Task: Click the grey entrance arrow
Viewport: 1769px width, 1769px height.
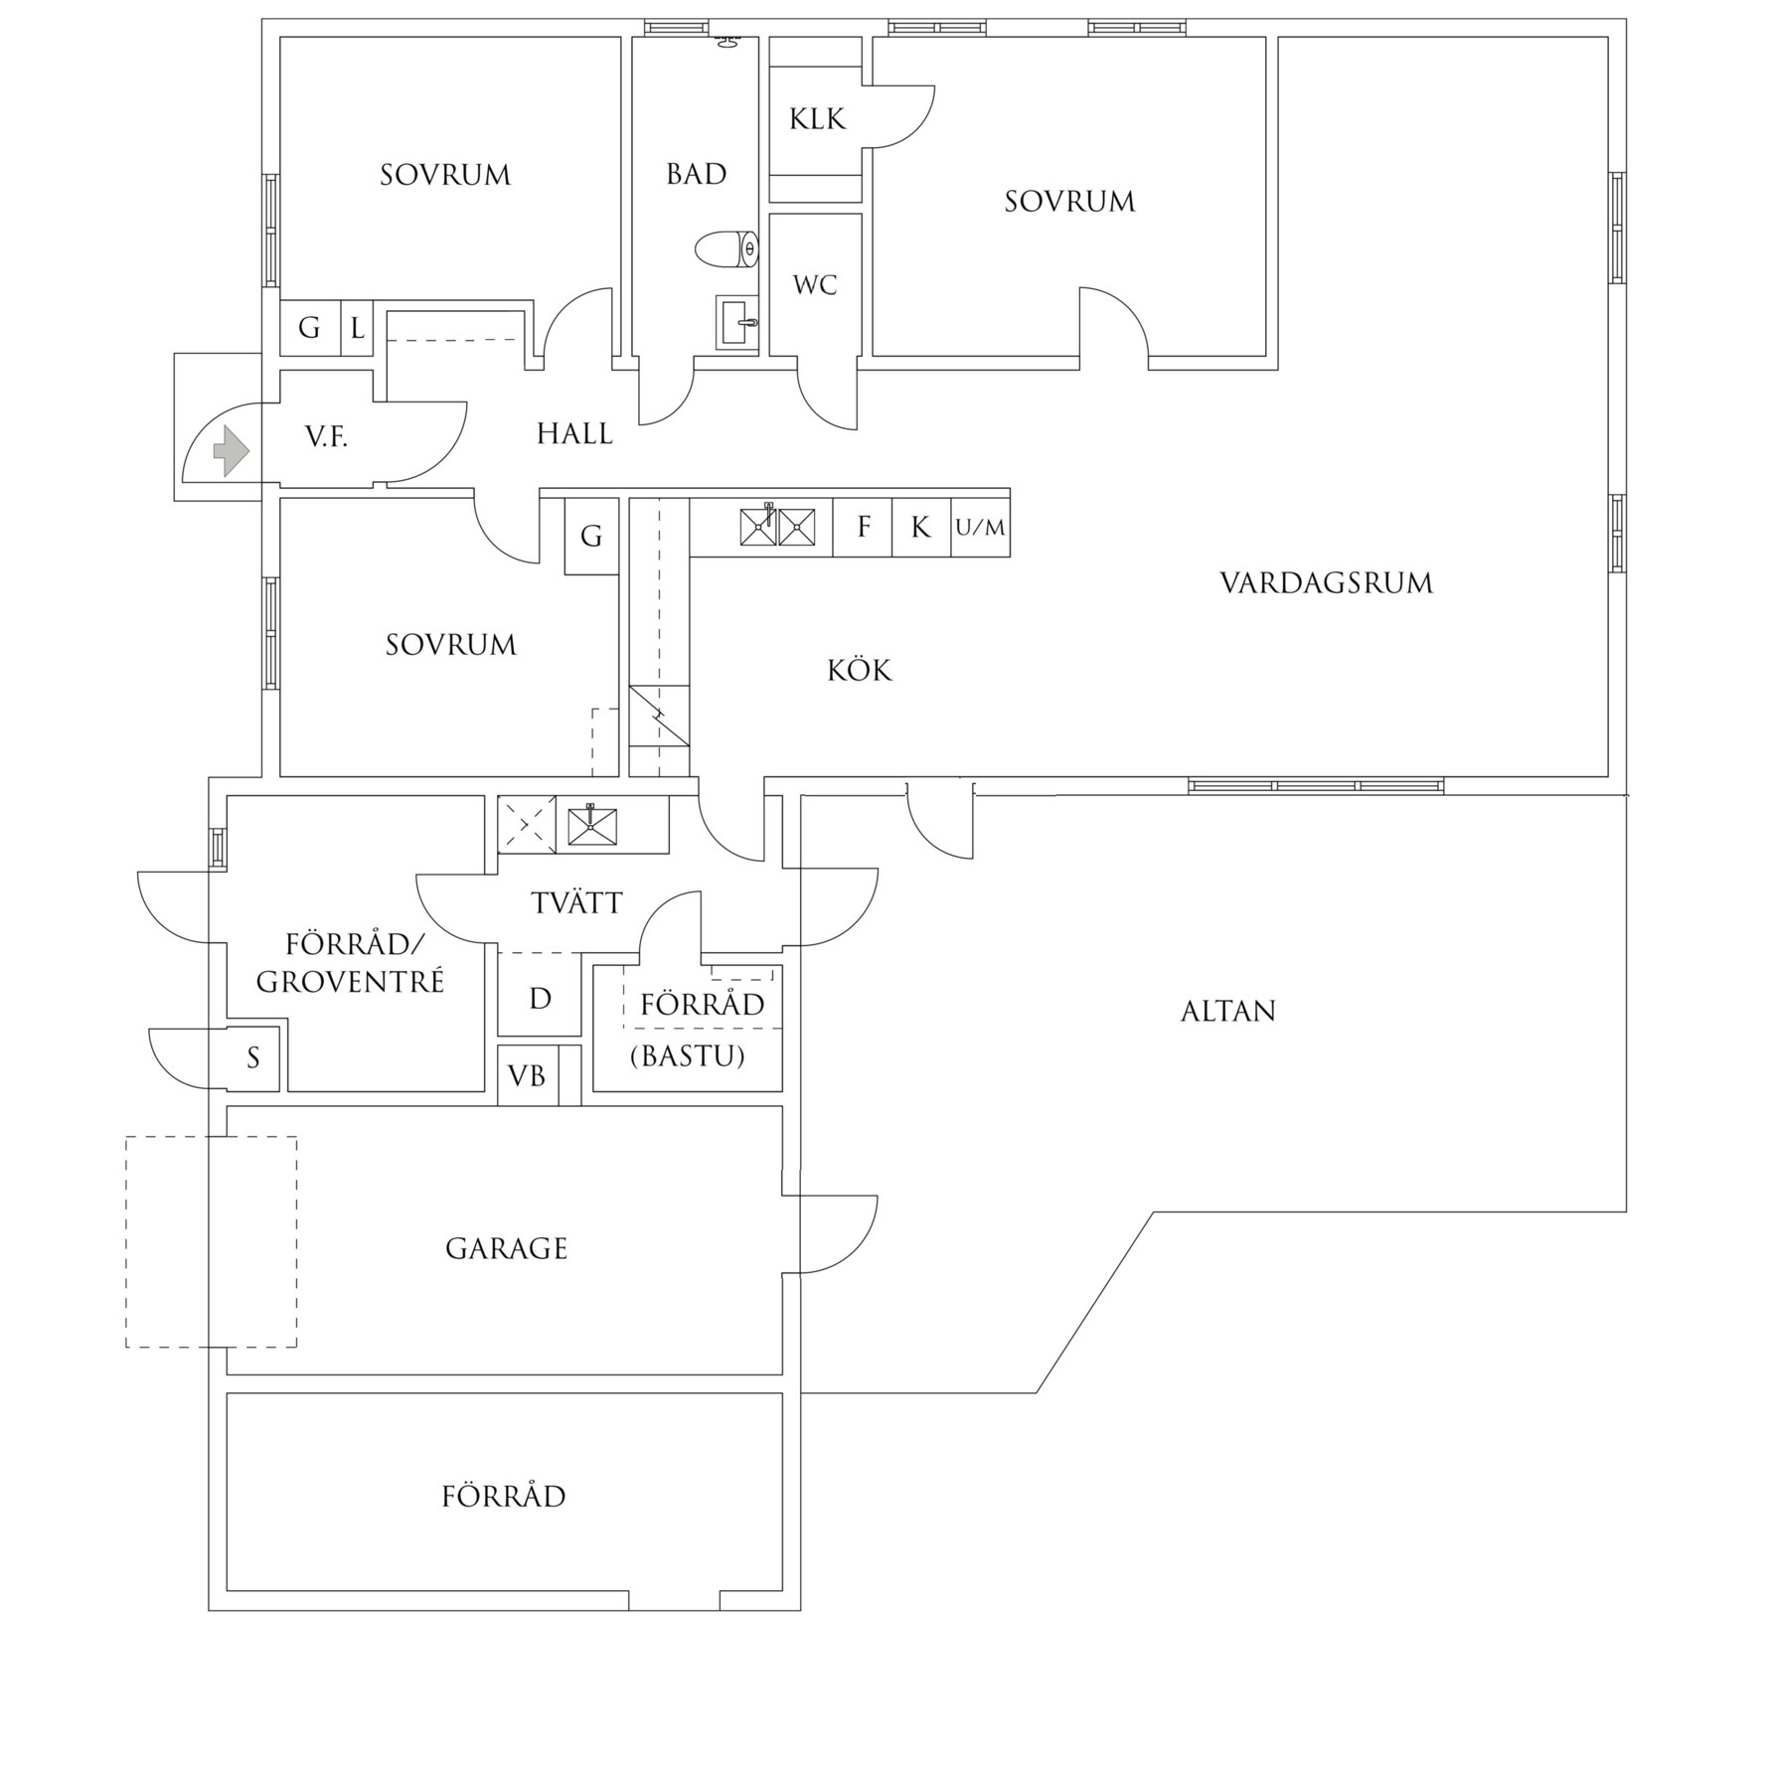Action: pos(231,450)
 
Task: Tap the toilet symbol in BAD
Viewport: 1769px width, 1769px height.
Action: pos(726,249)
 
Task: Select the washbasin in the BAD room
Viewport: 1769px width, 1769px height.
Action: pos(737,322)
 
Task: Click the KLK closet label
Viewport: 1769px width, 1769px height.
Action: pos(817,120)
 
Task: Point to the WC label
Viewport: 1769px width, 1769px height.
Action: pos(815,286)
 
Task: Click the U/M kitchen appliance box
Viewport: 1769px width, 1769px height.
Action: pos(981,528)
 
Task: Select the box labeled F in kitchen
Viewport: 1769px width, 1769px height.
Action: pos(863,527)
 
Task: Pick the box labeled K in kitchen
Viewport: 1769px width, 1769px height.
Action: pos(921,527)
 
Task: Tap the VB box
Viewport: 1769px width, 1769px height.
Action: pos(527,1075)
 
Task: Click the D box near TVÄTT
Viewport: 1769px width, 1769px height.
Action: pos(540,999)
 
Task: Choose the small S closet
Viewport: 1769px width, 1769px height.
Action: pos(253,1058)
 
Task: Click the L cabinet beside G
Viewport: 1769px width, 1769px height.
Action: pos(357,327)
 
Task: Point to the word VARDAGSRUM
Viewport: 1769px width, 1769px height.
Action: pos(1326,583)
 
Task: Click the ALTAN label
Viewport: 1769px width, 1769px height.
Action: pos(1227,1012)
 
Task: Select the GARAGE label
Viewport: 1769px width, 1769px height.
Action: pos(506,1249)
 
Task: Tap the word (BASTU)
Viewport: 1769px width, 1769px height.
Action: pos(687,1055)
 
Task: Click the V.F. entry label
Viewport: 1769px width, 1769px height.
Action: pos(326,436)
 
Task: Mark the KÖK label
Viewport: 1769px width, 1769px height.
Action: pos(860,671)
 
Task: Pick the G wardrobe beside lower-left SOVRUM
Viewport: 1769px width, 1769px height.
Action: pos(591,537)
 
